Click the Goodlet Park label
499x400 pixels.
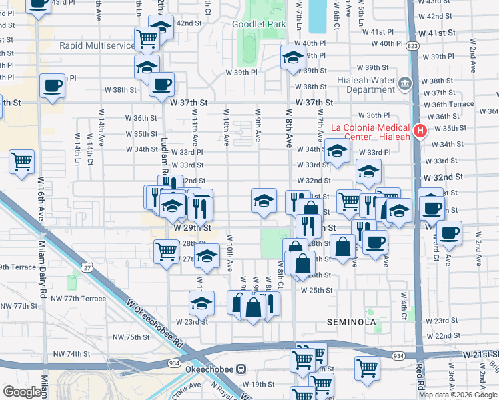[x=259, y=25]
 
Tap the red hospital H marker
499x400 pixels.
[x=421, y=131]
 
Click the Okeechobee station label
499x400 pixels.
[x=215, y=369]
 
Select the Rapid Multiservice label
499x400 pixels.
[x=96, y=45]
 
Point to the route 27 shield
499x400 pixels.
[x=87, y=267]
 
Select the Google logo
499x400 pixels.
[x=22, y=392]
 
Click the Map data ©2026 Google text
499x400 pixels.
[x=458, y=395]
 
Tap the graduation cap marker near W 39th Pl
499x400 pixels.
[x=293, y=58]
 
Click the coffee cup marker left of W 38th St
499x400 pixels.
[x=52, y=86]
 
